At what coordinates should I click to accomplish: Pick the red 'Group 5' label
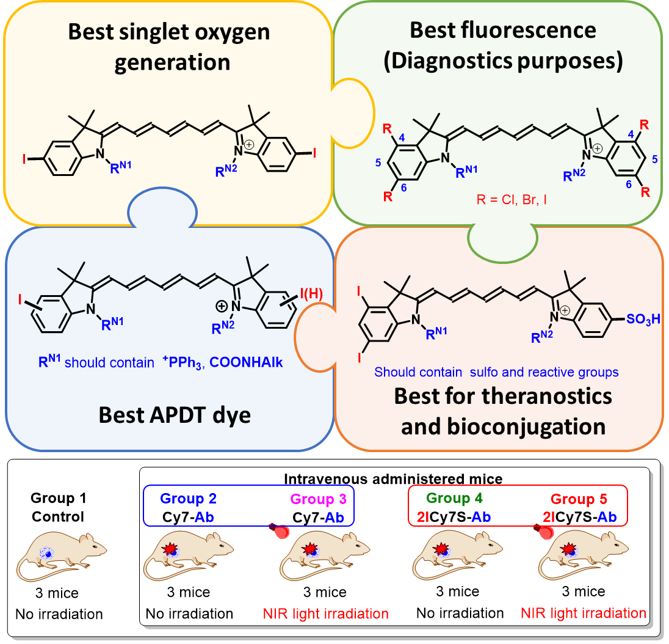coord(576,499)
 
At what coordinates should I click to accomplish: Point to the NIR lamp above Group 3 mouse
coord(280,531)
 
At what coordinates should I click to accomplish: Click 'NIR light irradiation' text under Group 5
coord(584,613)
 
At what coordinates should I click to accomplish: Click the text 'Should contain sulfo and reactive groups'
coord(496,371)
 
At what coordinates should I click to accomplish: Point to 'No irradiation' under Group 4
coord(461,613)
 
